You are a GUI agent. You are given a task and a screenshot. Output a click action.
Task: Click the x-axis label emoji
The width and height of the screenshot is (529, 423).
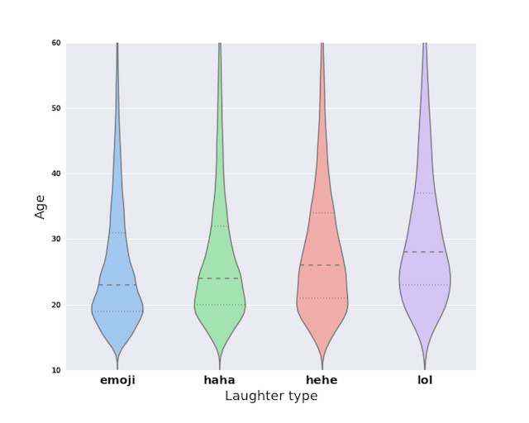pyautogui.click(x=117, y=380)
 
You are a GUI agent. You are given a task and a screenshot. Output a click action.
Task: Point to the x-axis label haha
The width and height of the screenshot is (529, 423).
pyautogui.click(x=220, y=380)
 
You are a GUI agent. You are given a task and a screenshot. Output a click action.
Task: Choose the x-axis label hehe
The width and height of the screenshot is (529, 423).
pyautogui.click(x=322, y=380)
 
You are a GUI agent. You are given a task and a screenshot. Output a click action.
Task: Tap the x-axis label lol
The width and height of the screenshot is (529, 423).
pyautogui.click(x=425, y=380)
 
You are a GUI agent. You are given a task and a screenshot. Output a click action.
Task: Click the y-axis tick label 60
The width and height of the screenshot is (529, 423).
pyautogui.click(x=55, y=43)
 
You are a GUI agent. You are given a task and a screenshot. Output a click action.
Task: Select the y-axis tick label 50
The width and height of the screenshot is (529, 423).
pyautogui.click(x=55, y=108)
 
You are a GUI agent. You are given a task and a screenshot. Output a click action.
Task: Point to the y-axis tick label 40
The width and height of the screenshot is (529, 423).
pyautogui.click(x=55, y=173)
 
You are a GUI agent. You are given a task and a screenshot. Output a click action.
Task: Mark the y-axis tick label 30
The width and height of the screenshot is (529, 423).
pyautogui.click(x=55, y=240)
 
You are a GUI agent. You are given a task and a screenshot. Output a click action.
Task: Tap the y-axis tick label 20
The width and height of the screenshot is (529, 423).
pyautogui.click(x=55, y=305)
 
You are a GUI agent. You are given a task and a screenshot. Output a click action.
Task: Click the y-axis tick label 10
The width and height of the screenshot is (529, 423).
pyautogui.click(x=55, y=370)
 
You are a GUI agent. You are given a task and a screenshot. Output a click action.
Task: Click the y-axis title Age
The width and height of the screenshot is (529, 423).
pyautogui.click(x=41, y=206)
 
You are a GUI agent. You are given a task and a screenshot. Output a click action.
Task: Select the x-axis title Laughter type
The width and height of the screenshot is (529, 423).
pyautogui.click(x=271, y=397)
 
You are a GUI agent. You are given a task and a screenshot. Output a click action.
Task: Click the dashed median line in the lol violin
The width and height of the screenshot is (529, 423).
pyautogui.click(x=425, y=252)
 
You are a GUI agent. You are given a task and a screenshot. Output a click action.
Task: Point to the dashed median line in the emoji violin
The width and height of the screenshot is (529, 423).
pyautogui.click(x=117, y=285)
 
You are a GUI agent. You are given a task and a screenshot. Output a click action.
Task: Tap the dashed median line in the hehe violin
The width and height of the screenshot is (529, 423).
pyautogui.click(x=322, y=265)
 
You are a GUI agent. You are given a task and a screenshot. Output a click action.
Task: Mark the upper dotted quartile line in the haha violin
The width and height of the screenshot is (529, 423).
pyautogui.click(x=220, y=226)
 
